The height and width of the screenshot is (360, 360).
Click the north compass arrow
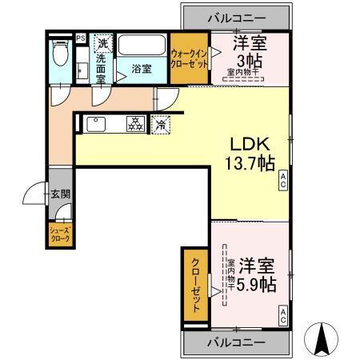(x=323, y=339)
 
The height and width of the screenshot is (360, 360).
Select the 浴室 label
(x=142, y=70)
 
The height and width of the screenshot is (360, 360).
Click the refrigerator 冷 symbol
(x=161, y=124)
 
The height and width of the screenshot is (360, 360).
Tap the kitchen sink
(x=95, y=124)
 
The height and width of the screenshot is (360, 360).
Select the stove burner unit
(x=135, y=124)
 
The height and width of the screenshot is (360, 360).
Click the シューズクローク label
(x=61, y=235)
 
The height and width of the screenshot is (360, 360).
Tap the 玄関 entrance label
(x=61, y=193)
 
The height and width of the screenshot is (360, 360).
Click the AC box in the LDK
(x=283, y=185)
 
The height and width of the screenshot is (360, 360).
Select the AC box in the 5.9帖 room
(x=283, y=319)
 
